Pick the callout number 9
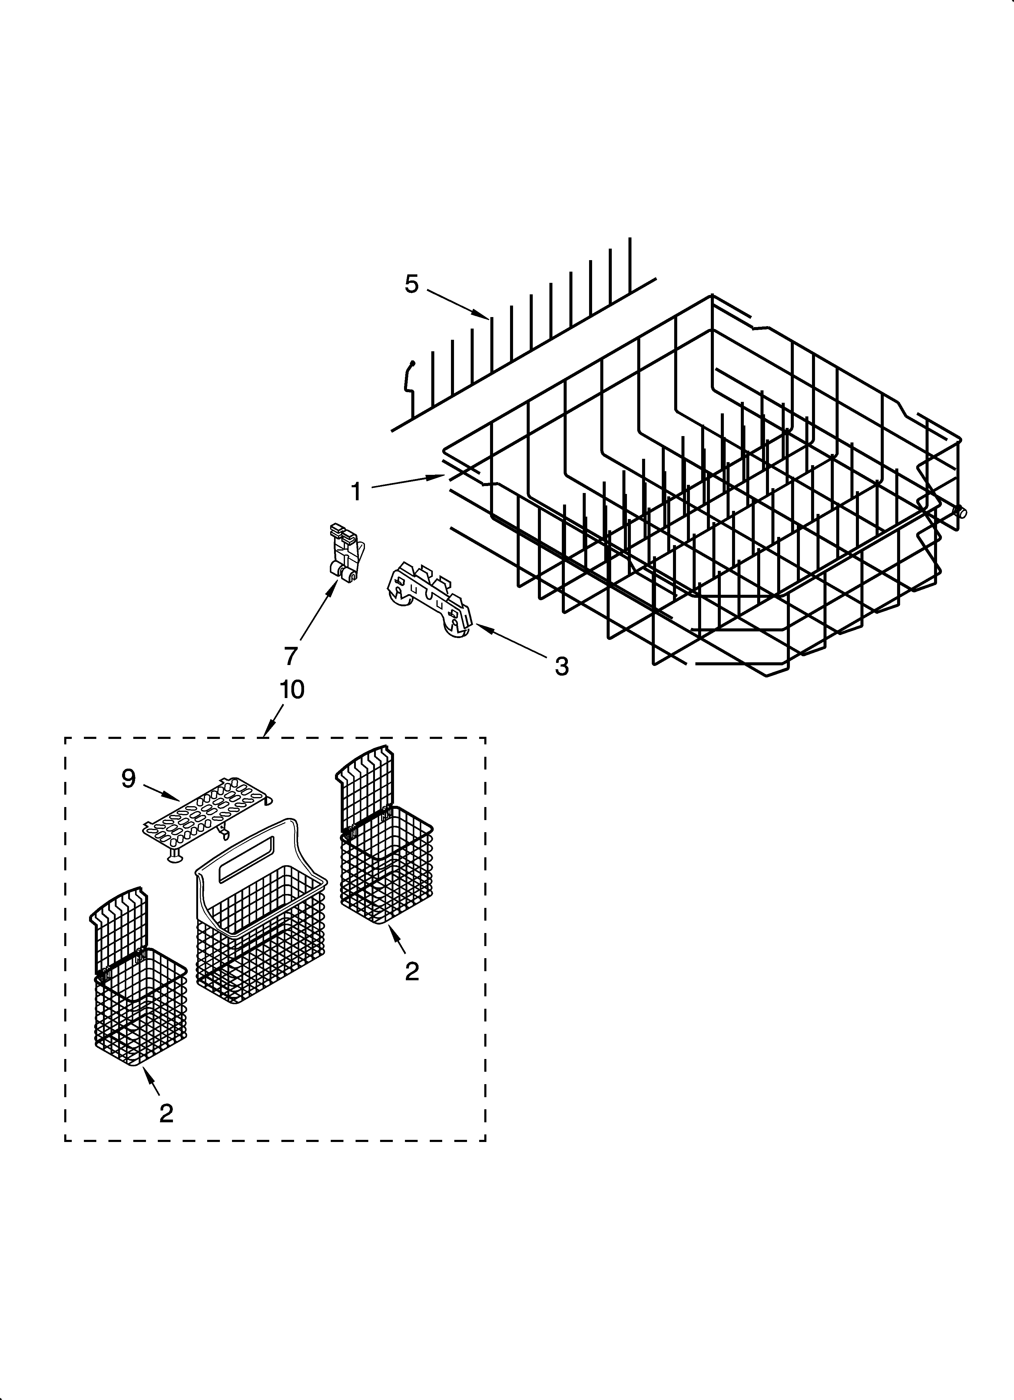128,779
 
